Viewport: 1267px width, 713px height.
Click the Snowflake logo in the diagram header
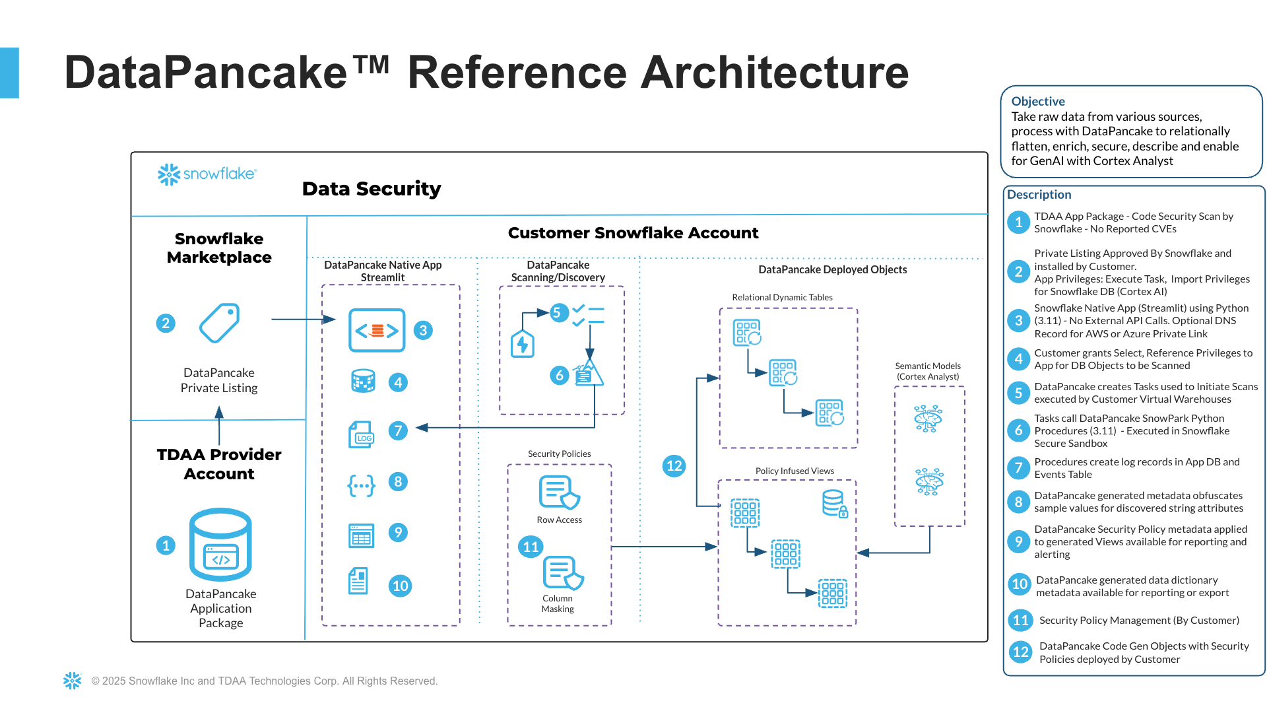[206, 174]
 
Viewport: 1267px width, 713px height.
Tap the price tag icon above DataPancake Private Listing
[220, 323]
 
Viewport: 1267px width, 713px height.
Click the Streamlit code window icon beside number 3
[377, 330]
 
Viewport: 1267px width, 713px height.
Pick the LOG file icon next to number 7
[361, 435]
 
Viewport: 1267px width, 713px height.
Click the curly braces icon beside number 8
[361, 486]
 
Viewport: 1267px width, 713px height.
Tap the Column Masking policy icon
[563, 572]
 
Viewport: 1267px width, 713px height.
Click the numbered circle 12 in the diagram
[674, 465]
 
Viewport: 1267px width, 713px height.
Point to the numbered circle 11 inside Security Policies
[531, 547]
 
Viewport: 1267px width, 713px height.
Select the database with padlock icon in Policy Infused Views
[835, 504]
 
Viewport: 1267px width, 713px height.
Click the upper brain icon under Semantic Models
[928, 419]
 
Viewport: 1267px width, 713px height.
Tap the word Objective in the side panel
[1038, 101]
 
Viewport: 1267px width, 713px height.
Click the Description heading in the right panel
[1039, 195]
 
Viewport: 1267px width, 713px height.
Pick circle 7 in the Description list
[1018, 468]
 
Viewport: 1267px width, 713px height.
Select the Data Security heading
[372, 189]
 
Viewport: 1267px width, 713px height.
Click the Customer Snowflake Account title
[633, 233]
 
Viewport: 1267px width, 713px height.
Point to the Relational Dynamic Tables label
[782, 298]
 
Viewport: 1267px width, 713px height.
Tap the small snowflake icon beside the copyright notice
[72, 681]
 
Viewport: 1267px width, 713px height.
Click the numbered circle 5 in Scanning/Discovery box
[556, 312]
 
